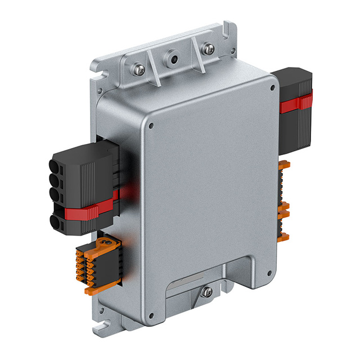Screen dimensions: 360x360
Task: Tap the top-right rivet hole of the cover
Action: [272, 88]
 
